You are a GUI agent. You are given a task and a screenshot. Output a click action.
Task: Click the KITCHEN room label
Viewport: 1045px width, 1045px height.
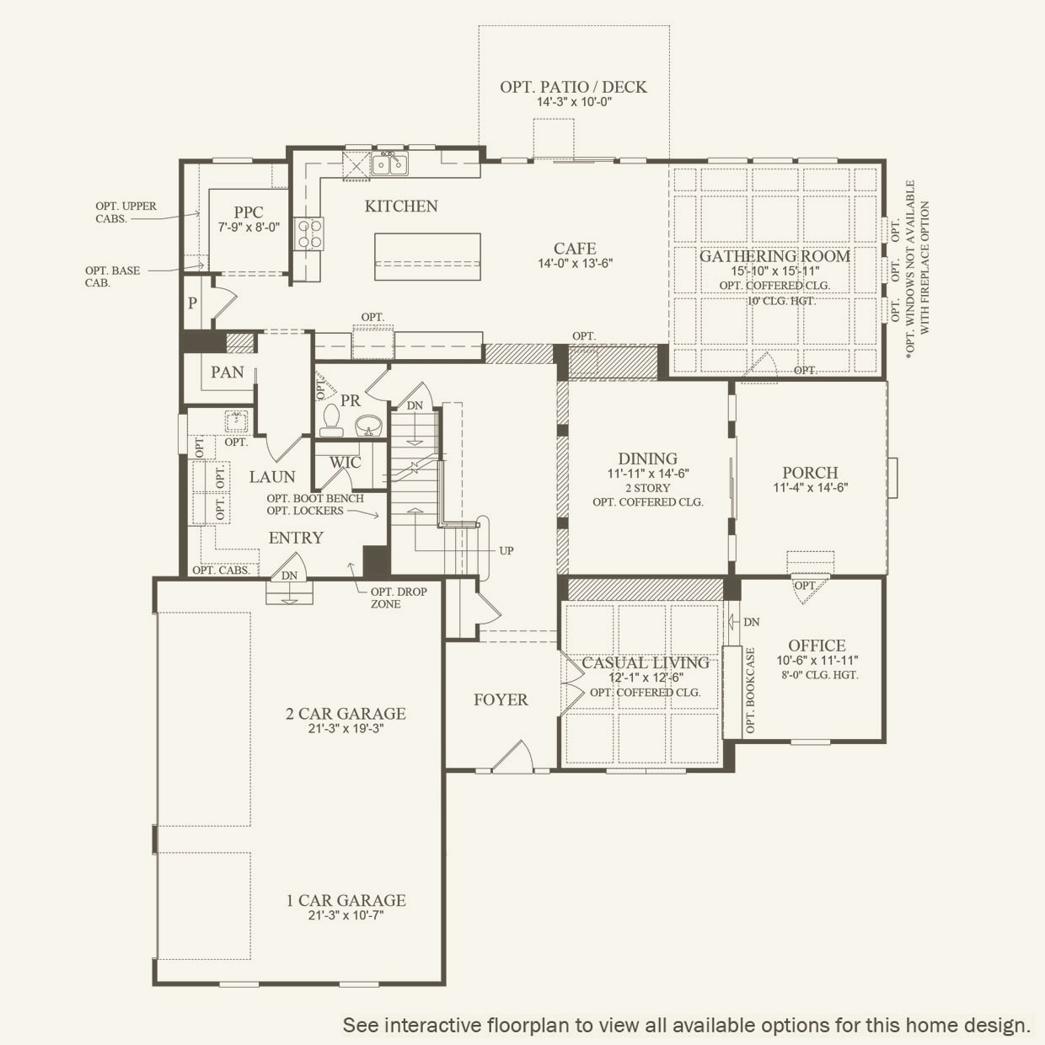(401, 206)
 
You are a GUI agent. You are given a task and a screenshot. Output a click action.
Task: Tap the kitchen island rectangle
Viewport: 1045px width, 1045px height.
(427, 256)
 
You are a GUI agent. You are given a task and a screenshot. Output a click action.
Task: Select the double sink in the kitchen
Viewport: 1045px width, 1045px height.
(389, 163)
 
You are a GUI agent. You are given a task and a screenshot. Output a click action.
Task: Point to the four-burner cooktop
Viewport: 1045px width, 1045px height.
(309, 233)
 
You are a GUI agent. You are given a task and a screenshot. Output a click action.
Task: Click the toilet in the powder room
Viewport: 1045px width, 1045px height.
(331, 421)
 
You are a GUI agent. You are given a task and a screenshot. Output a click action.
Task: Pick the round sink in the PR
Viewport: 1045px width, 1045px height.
(369, 425)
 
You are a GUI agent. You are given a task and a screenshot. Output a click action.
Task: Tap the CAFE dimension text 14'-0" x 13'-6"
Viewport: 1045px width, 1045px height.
(576, 264)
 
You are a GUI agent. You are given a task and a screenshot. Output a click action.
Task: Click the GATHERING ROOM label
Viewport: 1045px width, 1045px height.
(775, 256)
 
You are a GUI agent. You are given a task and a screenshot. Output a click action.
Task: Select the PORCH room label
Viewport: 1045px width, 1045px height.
(810, 472)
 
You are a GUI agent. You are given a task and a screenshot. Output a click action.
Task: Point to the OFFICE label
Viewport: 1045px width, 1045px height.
(817, 646)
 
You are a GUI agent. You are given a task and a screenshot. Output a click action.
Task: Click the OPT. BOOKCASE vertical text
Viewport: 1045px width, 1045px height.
(751, 690)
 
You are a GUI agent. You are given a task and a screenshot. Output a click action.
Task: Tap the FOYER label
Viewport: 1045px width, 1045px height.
(501, 699)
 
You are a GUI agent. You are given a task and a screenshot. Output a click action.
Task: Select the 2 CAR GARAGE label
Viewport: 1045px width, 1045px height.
(346, 713)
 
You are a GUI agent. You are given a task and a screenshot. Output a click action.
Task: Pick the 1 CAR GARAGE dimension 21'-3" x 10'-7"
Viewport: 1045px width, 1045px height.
(346, 915)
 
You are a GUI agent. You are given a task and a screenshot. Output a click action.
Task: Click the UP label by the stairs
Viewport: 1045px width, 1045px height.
(506, 550)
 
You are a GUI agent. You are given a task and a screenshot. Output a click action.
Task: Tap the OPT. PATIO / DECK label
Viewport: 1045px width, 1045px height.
(573, 87)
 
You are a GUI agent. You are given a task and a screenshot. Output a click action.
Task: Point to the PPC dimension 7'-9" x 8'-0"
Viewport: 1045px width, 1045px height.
(249, 228)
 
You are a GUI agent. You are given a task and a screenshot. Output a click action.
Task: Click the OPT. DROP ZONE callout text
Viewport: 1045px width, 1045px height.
(399, 598)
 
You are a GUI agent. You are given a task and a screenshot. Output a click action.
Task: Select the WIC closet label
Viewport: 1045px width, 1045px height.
(345, 463)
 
